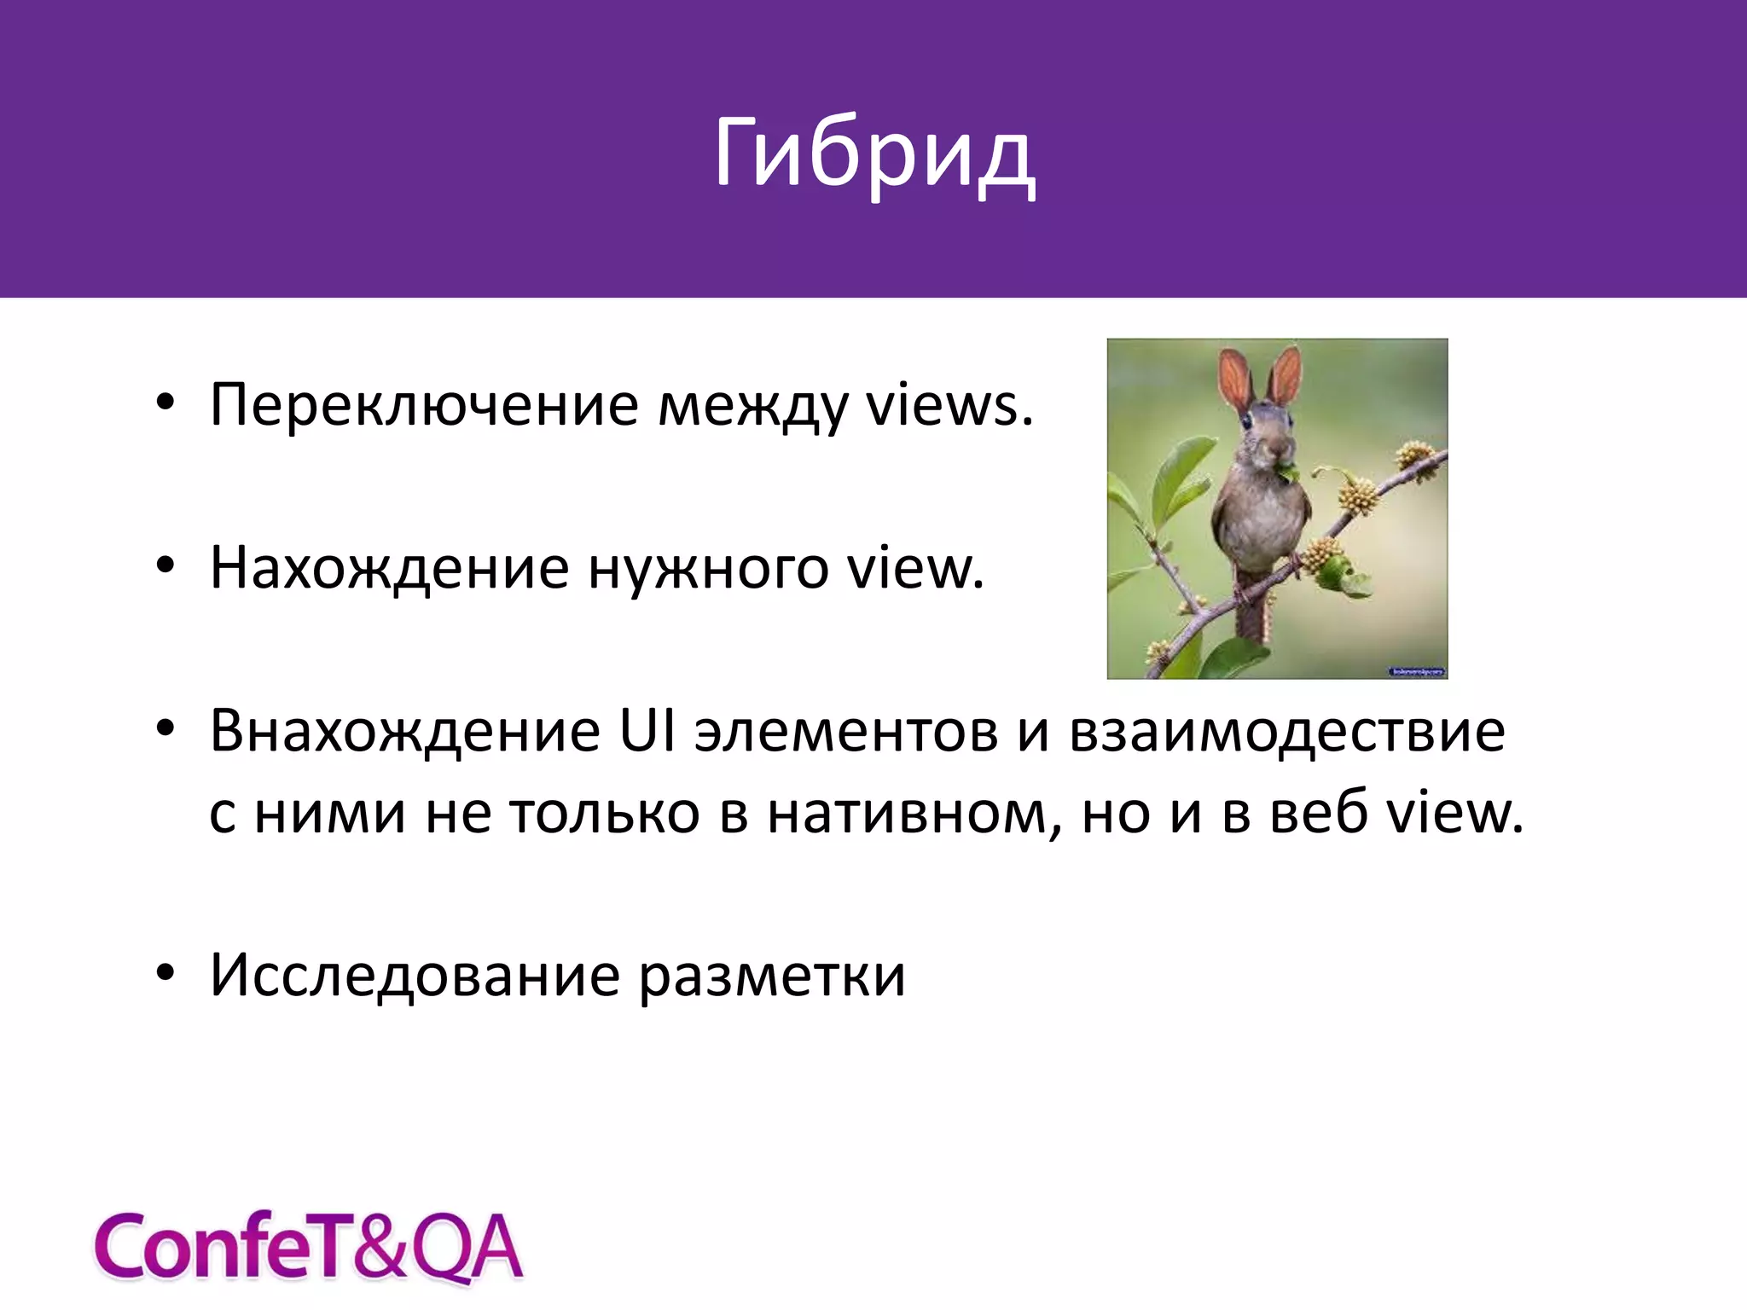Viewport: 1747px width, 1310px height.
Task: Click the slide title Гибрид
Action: pyautogui.click(x=873, y=154)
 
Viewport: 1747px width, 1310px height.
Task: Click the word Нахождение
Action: pyautogui.click(x=389, y=567)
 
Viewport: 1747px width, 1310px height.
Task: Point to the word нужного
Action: pyautogui.click(x=708, y=567)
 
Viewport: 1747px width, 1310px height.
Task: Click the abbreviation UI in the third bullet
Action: pyautogui.click(x=647, y=731)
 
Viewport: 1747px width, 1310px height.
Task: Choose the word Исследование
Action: pyautogui.click(x=415, y=975)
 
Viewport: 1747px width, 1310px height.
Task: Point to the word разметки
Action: pyautogui.click(x=773, y=975)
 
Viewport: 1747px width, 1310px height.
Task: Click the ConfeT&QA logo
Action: pyautogui.click(x=308, y=1247)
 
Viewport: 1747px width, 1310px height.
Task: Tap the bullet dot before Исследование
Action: pyautogui.click(x=165, y=972)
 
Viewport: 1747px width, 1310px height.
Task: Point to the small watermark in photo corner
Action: pyautogui.click(x=1417, y=672)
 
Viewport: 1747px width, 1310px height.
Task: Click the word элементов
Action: pyautogui.click(x=845, y=731)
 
